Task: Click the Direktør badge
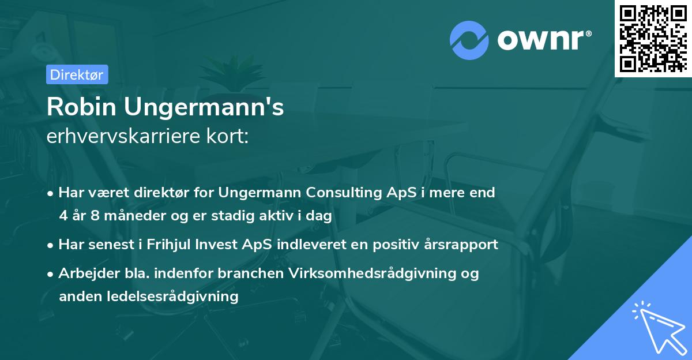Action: point(77,74)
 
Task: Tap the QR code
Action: point(653,38)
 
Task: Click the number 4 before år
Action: point(63,216)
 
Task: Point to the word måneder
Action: point(132,216)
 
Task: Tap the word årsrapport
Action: point(460,245)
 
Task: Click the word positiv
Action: point(398,245)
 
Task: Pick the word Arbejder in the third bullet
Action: point(84,273)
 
